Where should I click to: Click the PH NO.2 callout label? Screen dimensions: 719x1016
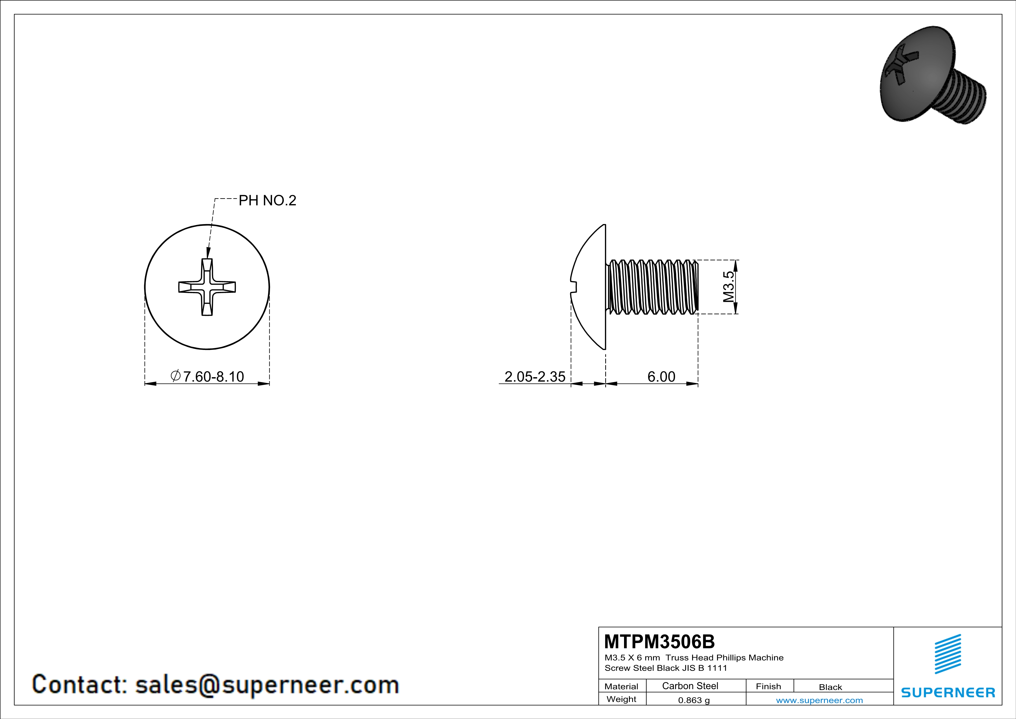click(267, 201)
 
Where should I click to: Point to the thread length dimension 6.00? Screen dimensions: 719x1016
click(661, 376)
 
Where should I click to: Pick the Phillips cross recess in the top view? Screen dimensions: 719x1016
click(207, 287)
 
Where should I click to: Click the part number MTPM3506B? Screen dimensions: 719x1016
click(659, 642)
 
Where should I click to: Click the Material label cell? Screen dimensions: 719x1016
click(621, 686)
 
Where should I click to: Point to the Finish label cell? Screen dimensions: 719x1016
click(768, 686)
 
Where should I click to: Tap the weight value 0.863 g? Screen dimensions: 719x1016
click(694, 700)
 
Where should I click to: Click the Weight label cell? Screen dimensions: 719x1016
click(621, 699)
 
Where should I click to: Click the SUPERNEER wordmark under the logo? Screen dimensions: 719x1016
click(948, 692)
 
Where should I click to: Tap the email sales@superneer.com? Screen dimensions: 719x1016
click(267, 684)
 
